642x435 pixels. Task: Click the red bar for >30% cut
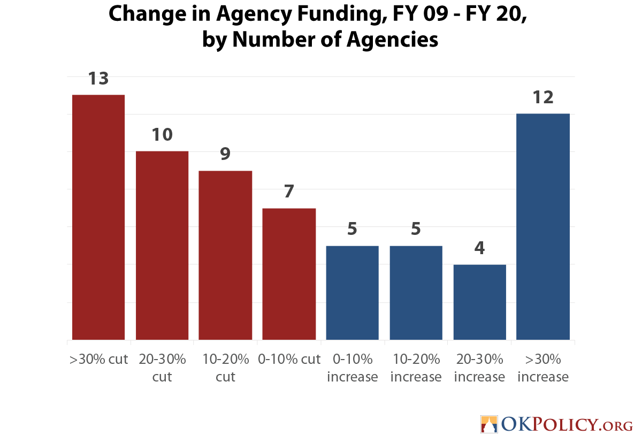click(x=98, y=217)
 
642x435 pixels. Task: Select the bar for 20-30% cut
click(x=162, y=246)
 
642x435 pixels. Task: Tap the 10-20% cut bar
click(x=225, y=255)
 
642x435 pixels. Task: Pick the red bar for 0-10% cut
click(x=289, y=274)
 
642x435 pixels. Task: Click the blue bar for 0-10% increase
click(x=352, y=293)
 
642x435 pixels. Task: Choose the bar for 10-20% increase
click(x=416, y=293)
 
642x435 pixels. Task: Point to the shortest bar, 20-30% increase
click(x=479, y=302)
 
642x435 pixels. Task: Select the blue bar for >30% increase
click(x=543, y=227)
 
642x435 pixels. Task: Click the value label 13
click(x=98, y=79)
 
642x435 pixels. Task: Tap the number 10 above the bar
click(x=162, y=135)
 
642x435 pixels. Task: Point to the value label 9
click(x=225, y=154)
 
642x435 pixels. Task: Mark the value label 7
click(x=289, y=192)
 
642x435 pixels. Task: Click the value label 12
click(x=543, y=98)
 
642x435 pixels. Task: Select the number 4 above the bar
click(x=479, y=248)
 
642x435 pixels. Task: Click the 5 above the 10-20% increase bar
click(x=416, y=229)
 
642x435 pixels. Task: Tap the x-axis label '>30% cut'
click(x=98, y=359)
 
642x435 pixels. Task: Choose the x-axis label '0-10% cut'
click(x=289, y=359)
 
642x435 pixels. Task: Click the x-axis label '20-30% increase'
click(x=479, y=368)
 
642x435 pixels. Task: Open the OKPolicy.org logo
click(x=556, y=424)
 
